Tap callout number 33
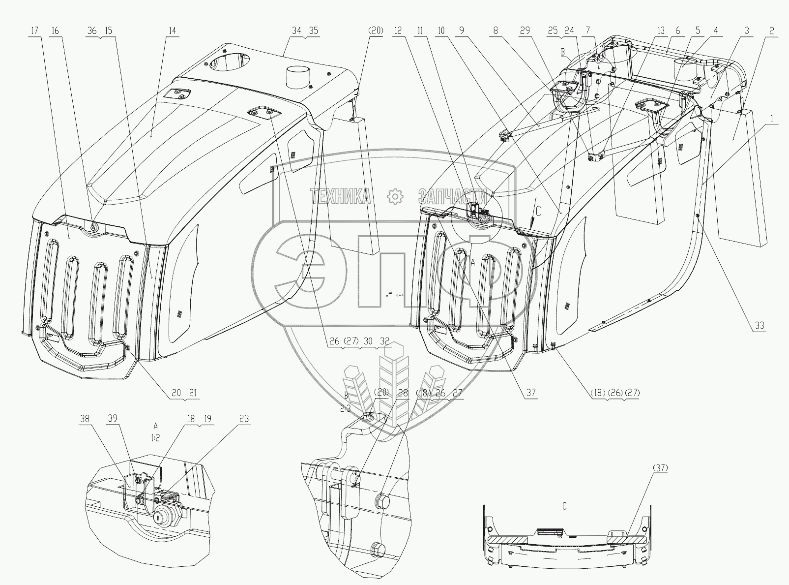[760, 325]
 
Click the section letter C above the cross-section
[564, 493]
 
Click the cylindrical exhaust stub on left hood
[299, 76]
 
